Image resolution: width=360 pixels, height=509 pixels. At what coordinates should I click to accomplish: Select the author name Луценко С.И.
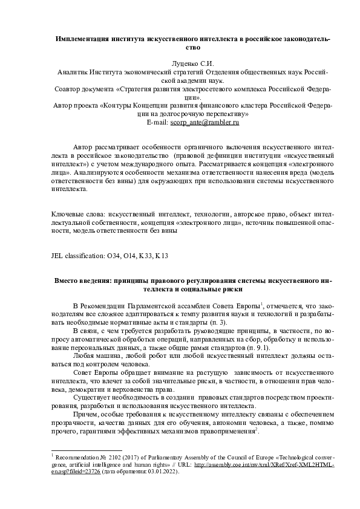(x=191, y=62)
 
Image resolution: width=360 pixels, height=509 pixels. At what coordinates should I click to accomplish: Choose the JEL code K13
(x=161, y=256)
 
